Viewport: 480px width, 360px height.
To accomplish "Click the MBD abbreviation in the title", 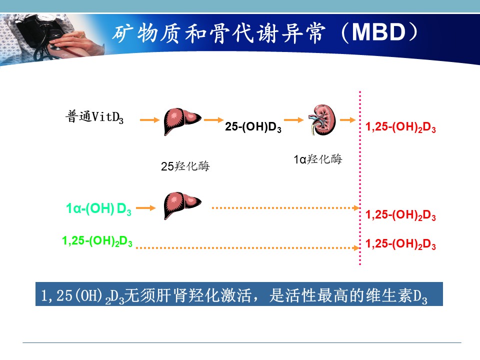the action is pos(378,31).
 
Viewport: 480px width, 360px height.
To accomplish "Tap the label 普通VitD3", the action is pos(94,117).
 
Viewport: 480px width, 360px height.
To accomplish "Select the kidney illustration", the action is pos(322,119).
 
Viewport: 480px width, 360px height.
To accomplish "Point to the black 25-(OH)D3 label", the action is pos(253,126).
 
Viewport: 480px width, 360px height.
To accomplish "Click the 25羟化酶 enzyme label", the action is pos(185,166).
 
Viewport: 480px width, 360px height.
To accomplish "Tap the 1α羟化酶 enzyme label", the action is pos(318,159).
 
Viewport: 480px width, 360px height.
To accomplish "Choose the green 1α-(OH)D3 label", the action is pos(98,209).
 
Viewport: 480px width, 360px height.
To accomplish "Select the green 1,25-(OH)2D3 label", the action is pos(97,241).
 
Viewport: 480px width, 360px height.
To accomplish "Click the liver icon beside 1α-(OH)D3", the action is pos(182,205).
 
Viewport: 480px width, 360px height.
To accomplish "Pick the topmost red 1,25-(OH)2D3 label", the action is pos(400,127).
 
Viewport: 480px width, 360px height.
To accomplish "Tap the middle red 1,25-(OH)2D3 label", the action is pos(400,215).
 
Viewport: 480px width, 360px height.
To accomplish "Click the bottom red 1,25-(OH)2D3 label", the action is pos(400,244).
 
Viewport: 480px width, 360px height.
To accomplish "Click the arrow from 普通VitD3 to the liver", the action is pos(149,120).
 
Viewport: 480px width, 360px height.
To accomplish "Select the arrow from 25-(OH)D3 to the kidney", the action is pos(293,120).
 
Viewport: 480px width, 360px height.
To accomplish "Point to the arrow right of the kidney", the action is pos(348,120).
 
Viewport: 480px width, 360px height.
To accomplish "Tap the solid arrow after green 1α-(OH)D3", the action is pos(145,208).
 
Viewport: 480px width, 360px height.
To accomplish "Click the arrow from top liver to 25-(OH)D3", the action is pos(213,120).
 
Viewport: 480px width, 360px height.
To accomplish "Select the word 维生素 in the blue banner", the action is pos(389,295).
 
